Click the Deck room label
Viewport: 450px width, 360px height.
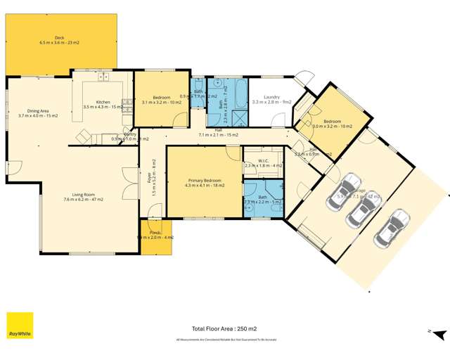(x=60, y=41)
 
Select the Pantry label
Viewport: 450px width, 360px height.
(x=129, y=136)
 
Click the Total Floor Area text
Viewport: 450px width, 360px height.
(x=224, y=328)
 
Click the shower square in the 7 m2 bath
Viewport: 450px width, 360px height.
(x=240, y=117)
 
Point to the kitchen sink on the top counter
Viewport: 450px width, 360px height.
(x=102, y=77)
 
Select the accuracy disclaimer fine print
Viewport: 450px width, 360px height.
(x=224, y=339)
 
